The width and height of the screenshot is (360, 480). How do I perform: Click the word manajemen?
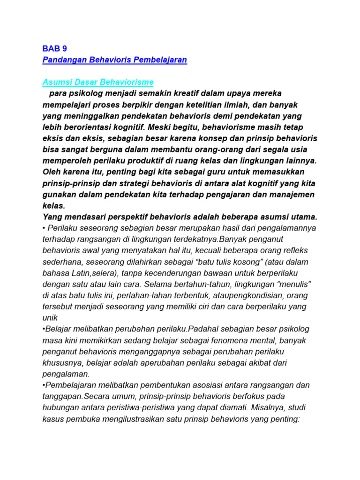[x=291, y=194]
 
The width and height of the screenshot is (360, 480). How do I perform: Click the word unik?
[x=51, y=317]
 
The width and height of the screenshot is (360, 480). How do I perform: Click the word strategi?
[x=131, y=183]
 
